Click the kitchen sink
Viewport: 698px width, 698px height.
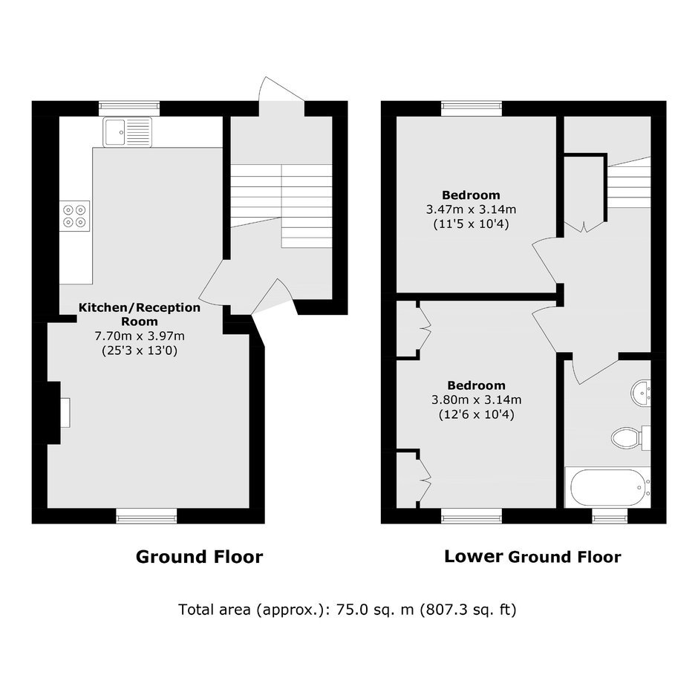tap(127, 132)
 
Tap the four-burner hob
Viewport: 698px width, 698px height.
tap(74, 215)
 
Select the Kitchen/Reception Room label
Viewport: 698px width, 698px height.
tap(140, 314)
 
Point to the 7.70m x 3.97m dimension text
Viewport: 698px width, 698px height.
tap(140, 336)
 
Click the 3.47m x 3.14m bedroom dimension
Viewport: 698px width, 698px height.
tap(471, 209)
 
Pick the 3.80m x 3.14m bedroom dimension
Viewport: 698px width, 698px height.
tap(476, 399)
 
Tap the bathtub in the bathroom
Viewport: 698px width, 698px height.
tap(607, 487)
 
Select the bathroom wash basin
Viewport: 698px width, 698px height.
tap(641, 393)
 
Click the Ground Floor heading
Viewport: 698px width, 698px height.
tap(200, 557)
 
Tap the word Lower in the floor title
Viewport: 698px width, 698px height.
tap(474, 556)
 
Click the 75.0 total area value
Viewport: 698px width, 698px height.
tap(352, 610)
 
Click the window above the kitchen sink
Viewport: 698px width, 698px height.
tap(129, 106)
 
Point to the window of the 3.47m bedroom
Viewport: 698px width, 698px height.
tap(472, 106)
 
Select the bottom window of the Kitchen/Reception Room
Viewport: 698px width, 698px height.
tap(146, 516)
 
